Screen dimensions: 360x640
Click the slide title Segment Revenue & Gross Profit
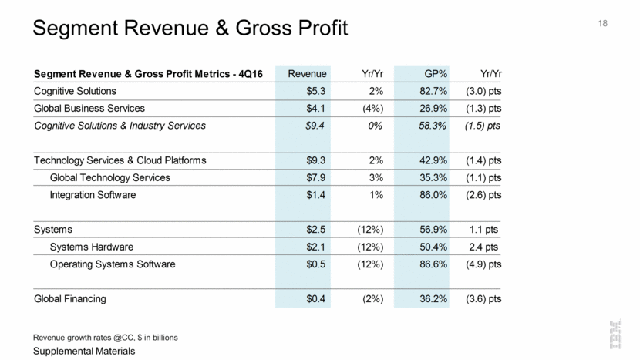coord(190,29)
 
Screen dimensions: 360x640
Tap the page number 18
coord(602,25)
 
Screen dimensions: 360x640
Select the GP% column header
coord(437,73)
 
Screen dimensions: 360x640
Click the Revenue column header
coord(307,73)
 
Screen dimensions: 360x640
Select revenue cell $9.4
coord(316,126)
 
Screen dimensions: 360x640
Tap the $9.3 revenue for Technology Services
coord(316,160)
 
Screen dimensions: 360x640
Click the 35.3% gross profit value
coord(431,177)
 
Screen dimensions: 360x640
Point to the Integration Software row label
coord(93,195)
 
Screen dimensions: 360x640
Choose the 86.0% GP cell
coord(431,195)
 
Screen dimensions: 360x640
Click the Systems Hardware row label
coord(92,247)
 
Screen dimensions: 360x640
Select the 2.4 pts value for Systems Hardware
coord(485,247)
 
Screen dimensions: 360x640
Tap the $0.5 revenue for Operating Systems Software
coord(316,264)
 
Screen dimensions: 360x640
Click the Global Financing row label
coord(70,298)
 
